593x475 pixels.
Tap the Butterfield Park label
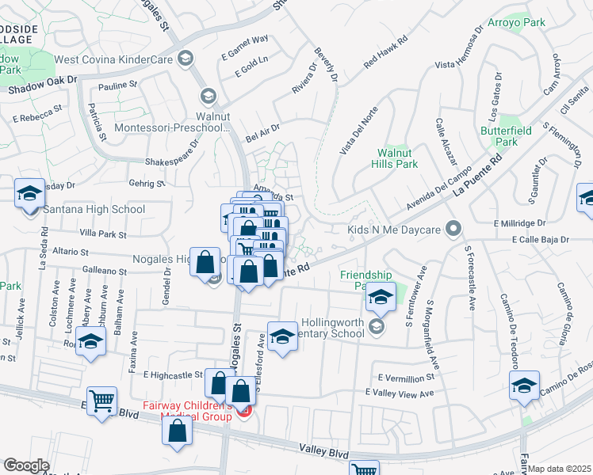click(x=499, y=135)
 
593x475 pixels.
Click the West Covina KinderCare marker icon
click(x=186, y=58)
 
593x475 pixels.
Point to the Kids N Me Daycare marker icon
click(x=453, y=230)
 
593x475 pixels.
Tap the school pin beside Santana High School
click(x=29, y=195)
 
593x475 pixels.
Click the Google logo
click(x=26, y=465)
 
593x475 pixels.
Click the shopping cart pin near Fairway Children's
click(x=101, y=401)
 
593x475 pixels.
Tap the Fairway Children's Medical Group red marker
click(x=245, y=412)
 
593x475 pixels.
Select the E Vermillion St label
click(x=407, y=378)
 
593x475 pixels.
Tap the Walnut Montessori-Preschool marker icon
click(x=208, y=97)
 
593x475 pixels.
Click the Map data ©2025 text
click(x=560, y=469)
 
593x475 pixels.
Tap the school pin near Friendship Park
click(x=381, y=298)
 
